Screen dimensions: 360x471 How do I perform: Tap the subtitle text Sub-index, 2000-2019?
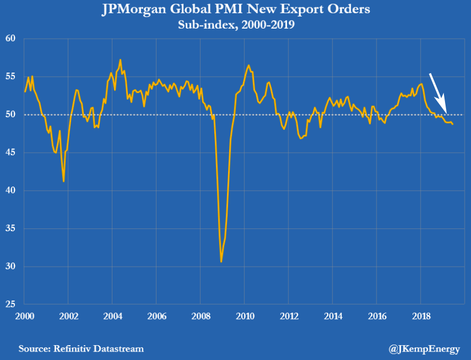(235, 25)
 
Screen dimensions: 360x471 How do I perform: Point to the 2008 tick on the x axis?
(200, 315)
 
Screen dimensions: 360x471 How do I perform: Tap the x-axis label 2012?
(288, 315)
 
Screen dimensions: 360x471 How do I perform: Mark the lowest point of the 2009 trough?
(221, 261)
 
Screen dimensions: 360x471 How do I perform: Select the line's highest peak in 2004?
(120, 60)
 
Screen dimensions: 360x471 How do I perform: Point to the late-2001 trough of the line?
(64, 181)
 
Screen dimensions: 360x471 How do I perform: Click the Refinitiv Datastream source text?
(81, 348)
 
